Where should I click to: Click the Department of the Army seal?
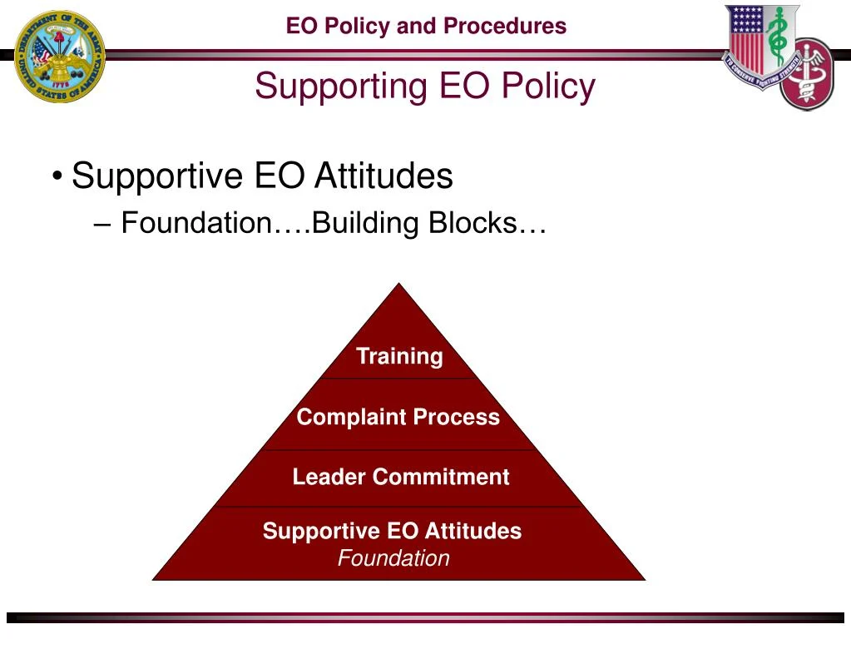click(x=59, y=56)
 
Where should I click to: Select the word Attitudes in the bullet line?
click(x=383, y=176)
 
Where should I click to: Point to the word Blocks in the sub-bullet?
click(x=487, y=223)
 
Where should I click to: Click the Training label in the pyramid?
click(x=399, y=356)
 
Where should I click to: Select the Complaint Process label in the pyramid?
click(x=398, y=417)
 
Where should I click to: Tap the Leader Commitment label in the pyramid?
click(x=400, y=477)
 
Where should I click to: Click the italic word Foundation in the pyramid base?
click(x=393, y=558)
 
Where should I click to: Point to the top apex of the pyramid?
click(x=400, y=285)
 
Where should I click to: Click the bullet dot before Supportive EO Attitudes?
click(x=57, y=177)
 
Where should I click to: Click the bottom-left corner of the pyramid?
click(x=154, y=578)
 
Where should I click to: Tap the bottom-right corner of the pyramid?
click(x=644, y=578)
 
